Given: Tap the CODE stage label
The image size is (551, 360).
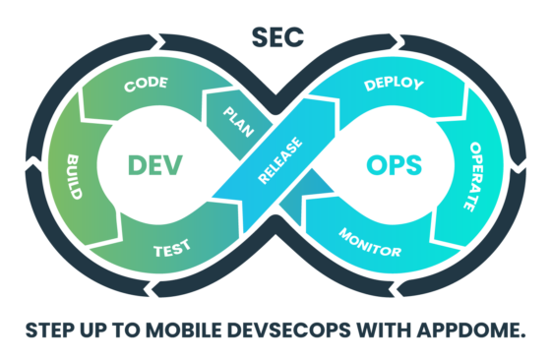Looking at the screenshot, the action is pyautogui.click(x=145, y=86).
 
